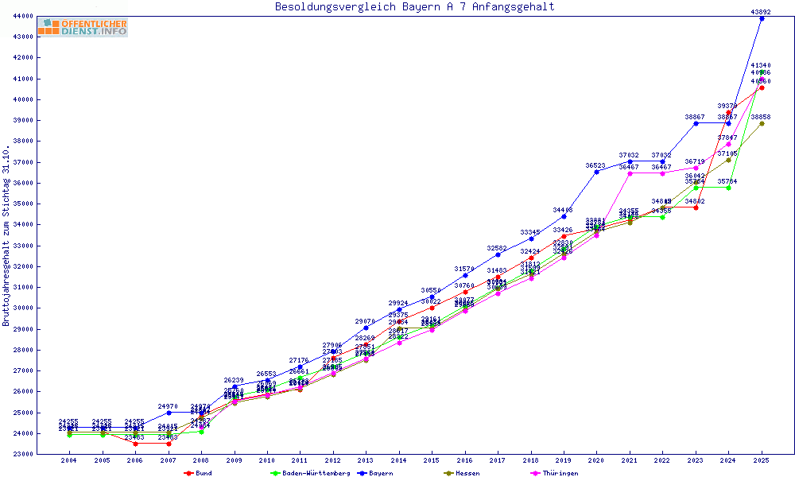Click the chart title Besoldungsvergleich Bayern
pyautogui.click(x=414, y=7)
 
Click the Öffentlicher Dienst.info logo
pyautogui.click(x=83, y=27)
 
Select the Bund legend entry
pyautogui.click(x=204, y=473)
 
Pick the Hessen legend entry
pyautogui.click(x=467, y=473)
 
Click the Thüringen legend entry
pyautogui.click(x=560, y=473)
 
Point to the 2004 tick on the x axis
pyautogui.click(x=69, y=460)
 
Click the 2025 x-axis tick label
pyautogui.click(x=762, y=460)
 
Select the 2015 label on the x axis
pyautogui.click(x=432, y=460)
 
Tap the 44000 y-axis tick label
pyautogui.click(x=22, y=16)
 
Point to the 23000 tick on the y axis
pyautogui.click(x=22, y=455)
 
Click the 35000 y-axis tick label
pyautogui.click(x=22, y=204)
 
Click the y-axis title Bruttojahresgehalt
pyautogui.click(x=6, y=235)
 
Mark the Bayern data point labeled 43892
pyautogui.click(x=762, y=18)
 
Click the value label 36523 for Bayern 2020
pyautogui.click(x=596, y=165)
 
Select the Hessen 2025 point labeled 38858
pyautogui.click(x=762, y=123)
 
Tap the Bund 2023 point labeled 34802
pyautogui.click(x=696, y=207)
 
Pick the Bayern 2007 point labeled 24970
pyautogui.click(x=169, y=413)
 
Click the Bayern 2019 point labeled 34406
pyautogui.click(x=564, y=216)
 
